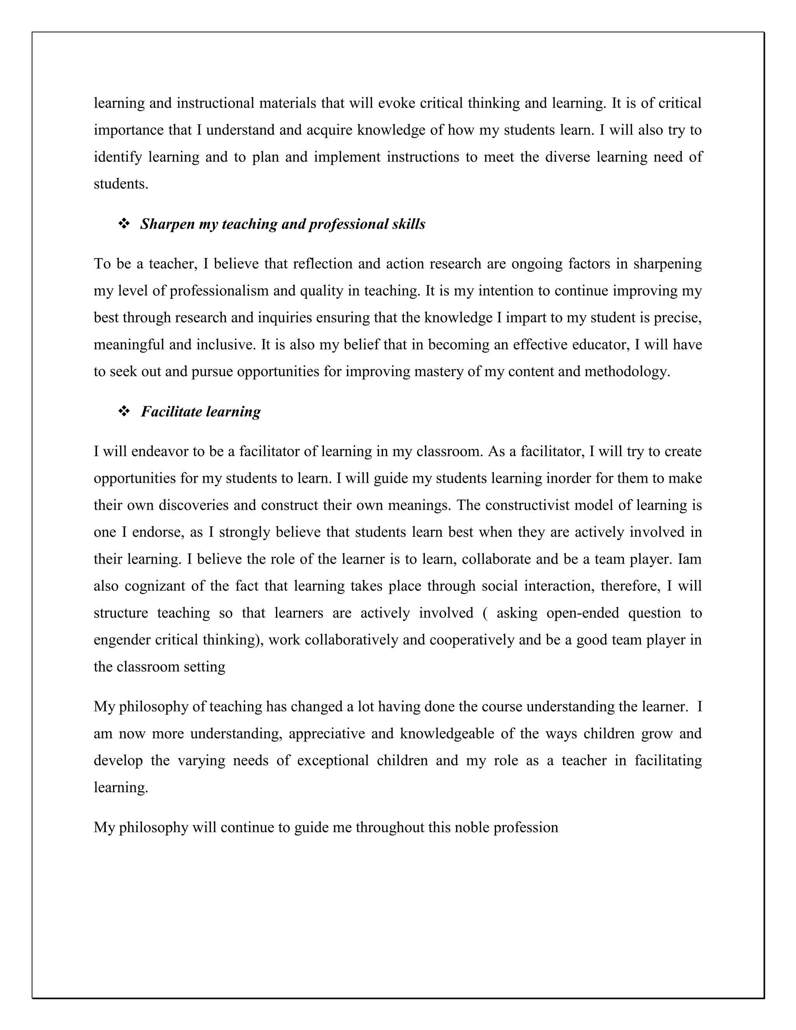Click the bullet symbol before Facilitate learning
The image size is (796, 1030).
[x=124, y=412]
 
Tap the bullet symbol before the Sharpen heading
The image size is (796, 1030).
[x=124, y=224]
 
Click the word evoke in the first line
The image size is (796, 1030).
[x=396, y=103]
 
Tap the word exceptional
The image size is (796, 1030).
[x=332, y=761]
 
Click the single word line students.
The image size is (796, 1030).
[x=121, y=184]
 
